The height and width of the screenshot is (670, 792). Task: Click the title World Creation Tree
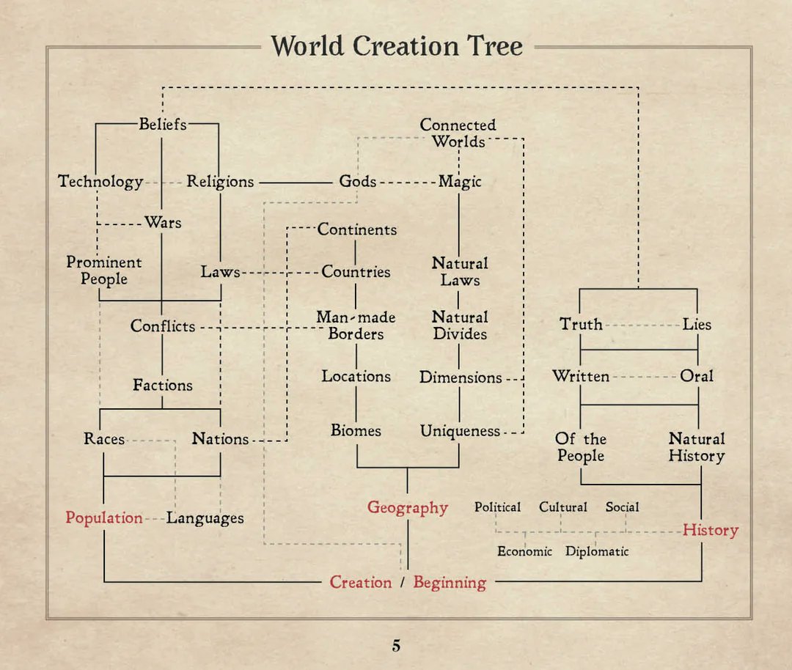tap(397, 46)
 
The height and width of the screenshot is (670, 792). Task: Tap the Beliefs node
tap(163, 124)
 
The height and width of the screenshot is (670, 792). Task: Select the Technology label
tap(100, 181)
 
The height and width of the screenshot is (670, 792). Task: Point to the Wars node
tap(163, 222)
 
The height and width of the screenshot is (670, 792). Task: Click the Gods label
tap(358, 181)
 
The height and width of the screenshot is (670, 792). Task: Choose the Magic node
tap(460, 181)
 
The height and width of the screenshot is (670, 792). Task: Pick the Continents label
tap(356, 229)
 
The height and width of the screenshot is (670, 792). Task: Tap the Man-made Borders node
tap(356, 325)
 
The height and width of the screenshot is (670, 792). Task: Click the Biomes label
tap(356, 430)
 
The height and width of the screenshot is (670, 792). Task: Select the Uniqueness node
tap(460, 431)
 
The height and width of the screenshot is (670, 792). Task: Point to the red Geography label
tap(408, 507)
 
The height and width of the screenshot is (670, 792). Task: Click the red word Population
tap(104, 518)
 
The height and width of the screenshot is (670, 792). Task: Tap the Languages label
tap(205, 518)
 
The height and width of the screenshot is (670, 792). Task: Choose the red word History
tap(711, 530)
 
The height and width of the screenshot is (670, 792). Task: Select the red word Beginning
tap(450, 583)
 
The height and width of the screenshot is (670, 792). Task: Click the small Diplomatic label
tap(597, 551)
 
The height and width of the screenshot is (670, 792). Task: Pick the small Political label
tap(497, 507)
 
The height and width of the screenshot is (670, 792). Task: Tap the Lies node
tap(697, 324)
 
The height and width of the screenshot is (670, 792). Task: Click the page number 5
tap(396, 646)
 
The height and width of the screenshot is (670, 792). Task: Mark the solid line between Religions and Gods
tap(296, 183)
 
